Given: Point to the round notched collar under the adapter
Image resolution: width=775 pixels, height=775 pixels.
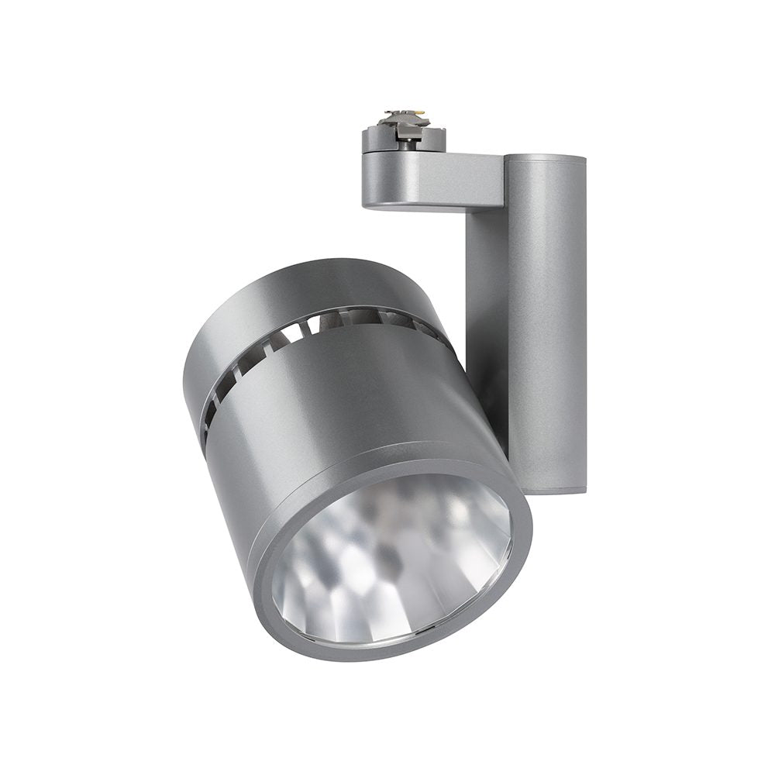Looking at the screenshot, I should click(403, 141).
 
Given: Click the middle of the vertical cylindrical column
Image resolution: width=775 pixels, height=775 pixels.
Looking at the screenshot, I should click(546, 325).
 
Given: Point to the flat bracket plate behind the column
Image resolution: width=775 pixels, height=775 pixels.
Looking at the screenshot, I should click(484, 310).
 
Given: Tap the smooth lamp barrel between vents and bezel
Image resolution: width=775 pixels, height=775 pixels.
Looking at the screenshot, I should click(333, 403).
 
